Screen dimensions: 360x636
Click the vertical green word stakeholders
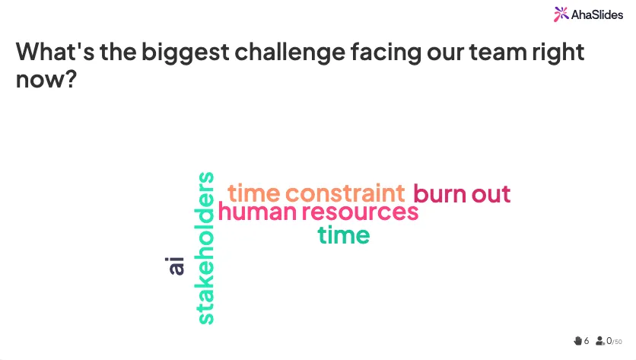pos(205,248)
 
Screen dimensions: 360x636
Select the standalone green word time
pos(344,235)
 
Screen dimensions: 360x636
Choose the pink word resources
pos(360,212)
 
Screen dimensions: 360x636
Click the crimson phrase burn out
pos(461,194)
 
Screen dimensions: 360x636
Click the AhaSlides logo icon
pos(561,14)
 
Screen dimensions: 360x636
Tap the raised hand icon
pos(577,341)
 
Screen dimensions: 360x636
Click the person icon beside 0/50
pos(600,341)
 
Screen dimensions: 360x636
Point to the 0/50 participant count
pos(614,341)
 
